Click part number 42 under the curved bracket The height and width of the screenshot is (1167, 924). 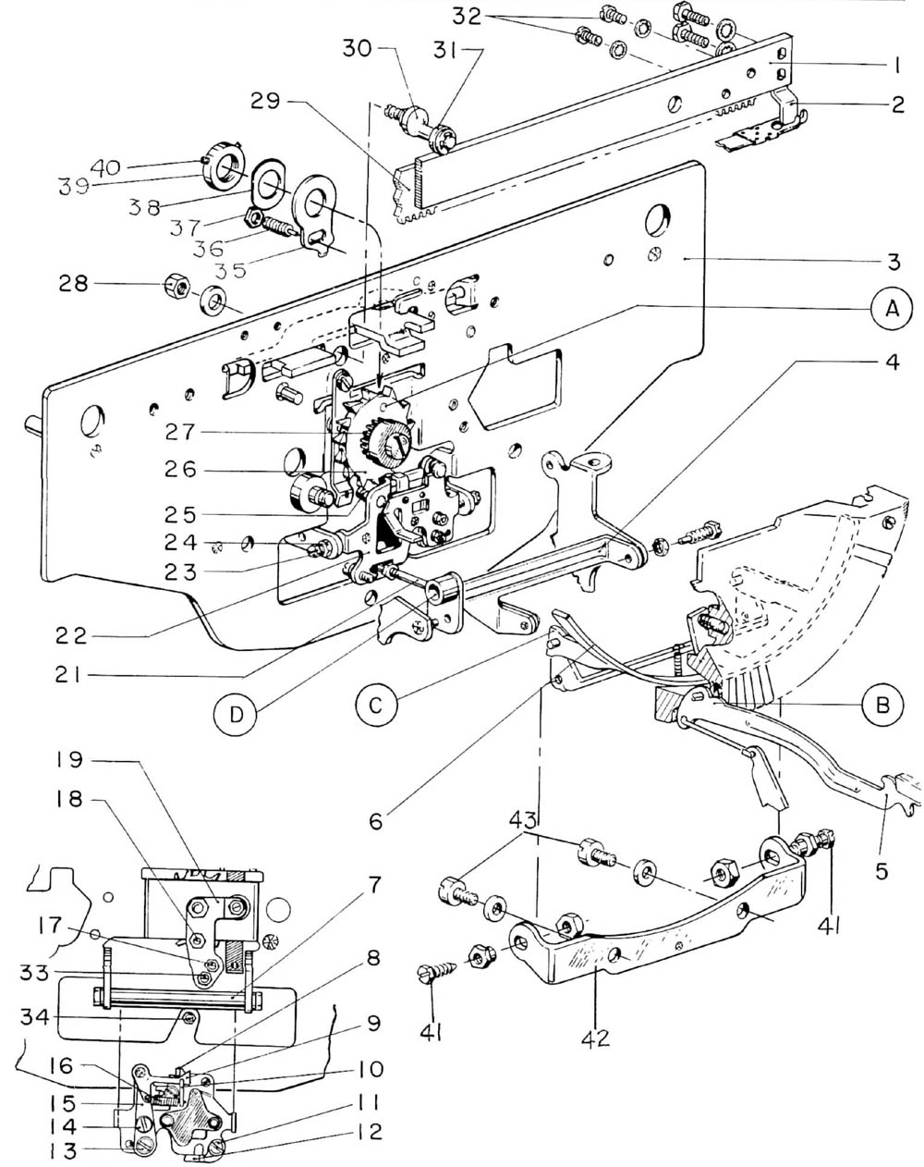pyautogui.click(x=596, y=1038)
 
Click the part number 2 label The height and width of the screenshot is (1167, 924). pyautogui.click(x=897, y=105)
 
